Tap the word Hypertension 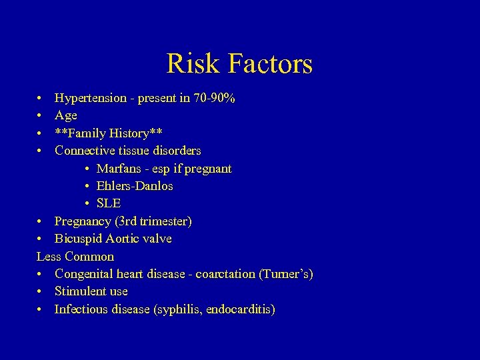[x=91, y=99]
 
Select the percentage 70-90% [x=213, y=99]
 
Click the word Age [x=66, y=116]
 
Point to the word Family [x=90, y=133]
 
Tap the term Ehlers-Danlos [x=135, y=186]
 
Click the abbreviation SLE [x=109, y=203]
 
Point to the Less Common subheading [x=75, y=257]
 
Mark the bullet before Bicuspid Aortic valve [x=41, y=239]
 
